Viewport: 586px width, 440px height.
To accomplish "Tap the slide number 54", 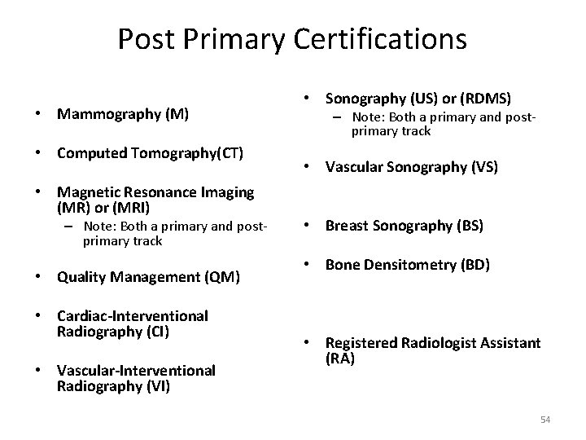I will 545,420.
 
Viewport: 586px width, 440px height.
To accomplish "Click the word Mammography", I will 108,115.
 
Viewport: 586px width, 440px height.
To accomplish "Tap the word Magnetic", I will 85,192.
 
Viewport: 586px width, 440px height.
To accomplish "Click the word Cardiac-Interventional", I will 132,315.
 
